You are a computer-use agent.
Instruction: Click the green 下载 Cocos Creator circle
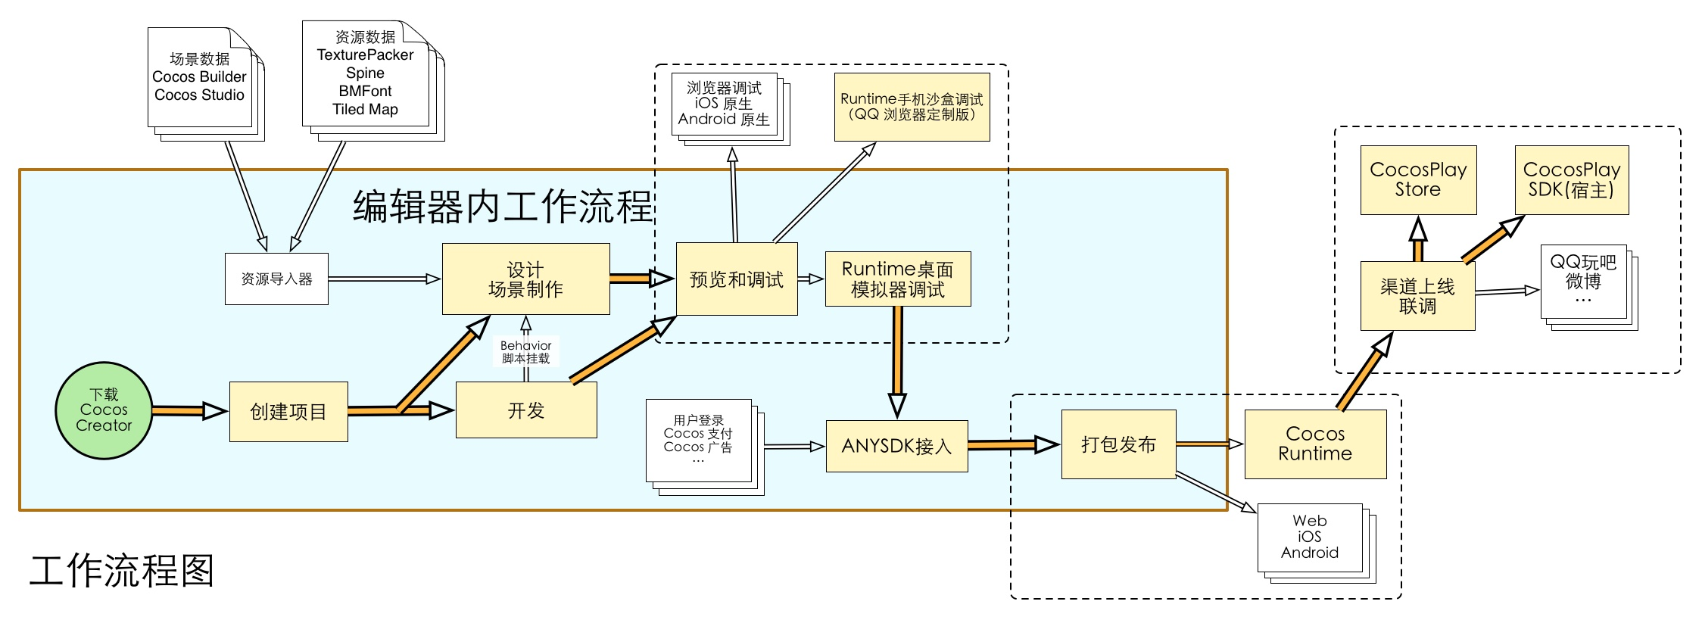pyautogui.click(x=104, y=410)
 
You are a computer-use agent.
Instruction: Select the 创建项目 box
pyautogui.click(x=288, y=412)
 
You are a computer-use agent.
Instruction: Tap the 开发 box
pyautogui.click(x=526, y=410)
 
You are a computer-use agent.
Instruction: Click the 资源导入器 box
pyautogui.click(x=276, y=279)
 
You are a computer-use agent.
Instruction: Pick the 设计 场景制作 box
pyautogui.click(x=525, y=279)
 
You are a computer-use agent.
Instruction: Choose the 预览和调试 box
pyautogui.click(x=736, y=279)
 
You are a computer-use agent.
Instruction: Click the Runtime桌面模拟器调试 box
pyautogui.click(x=897, y=279)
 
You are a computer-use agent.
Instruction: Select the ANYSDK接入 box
pyautogui.click(x=896, y=446)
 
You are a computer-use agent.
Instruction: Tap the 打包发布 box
pyautogui.click(x=1118, y=444)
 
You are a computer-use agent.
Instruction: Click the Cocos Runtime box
pyautogui.click(x=1315, y=444)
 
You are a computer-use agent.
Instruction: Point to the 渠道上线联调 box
pyautogui.click(x=1417, y=296)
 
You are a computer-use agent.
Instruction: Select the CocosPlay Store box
pyautogui.click(x=1418, y=180)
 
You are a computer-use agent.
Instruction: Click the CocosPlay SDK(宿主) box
pyautogui.click(x=1571, y=180)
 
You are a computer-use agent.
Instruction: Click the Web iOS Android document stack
pyautogui.click(x=1310, y=537)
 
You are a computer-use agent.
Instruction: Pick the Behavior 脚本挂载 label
pyautogui.click(x=525, y=352)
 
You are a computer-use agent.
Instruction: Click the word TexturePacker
pyautogui.click(x=365, y=55)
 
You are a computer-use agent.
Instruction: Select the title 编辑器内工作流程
pyautogui.click(x=502, y=206)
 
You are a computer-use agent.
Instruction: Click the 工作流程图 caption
pyautogui.click(x=122, y=571)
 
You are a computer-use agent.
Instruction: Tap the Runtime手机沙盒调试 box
pyautogui.click(x=912, y=107)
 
